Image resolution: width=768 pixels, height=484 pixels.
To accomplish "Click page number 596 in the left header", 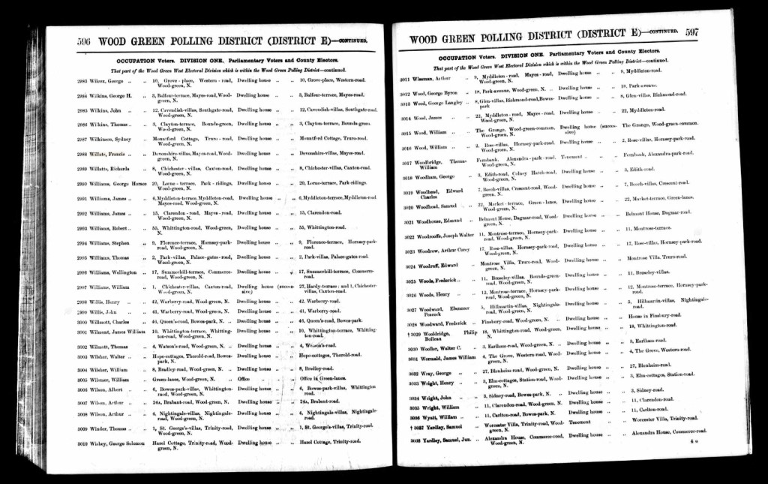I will click(86, 42).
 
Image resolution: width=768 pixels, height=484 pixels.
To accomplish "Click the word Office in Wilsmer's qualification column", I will click(244, 379).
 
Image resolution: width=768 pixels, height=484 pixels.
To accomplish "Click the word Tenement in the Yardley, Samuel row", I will click(580, 421).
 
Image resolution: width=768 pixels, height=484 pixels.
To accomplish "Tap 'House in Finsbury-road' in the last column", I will click(655, 317).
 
